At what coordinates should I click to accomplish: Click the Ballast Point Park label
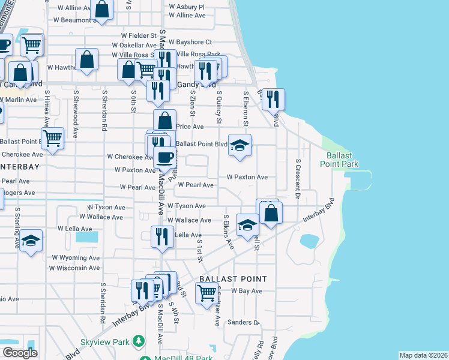pyautogui.click(x=339, y=160)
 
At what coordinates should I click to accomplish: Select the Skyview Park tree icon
pyautogui.click(x=139, y=341)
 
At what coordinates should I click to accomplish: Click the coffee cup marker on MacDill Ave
pyautogui.click(x=165, y=158)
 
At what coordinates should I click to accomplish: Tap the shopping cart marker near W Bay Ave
pyautogui.click(x=206, y=293)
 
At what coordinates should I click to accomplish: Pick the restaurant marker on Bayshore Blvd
pyautogui.click(x=273, y=99)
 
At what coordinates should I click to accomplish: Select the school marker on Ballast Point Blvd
pyautogui.click(x=240, y=146)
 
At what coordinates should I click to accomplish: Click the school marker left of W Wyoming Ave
pyautogui.click(x=31, y=241)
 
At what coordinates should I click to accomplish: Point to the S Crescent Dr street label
pyautogui.click(x=297, y=179)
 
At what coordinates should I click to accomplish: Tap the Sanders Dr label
pyautogui.click(x=243, y=322)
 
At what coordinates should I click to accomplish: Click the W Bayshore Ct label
pyautogui.click(x=191, y=42)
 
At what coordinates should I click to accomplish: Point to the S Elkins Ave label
pyautogui.click(x=228, y=232)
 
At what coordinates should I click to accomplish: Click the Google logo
pyautogui.click(x=20, y=352)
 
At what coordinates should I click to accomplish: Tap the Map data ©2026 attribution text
pyautogui.click(x=423, y=355)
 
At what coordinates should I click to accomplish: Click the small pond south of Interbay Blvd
pyautogui.click(x=309, y=241)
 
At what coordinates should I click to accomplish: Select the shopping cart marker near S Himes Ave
pyautogui.click(x=53, y=138)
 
